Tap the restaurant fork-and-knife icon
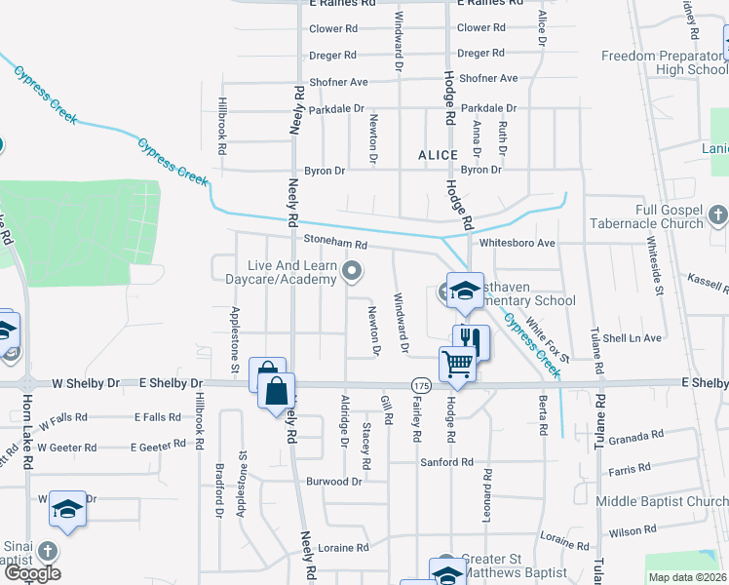tap(471, 340)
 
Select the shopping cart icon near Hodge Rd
tap(457, 364)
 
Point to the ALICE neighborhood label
tap(438, 155)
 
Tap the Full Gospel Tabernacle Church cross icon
tap(716, 214)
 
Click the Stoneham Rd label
tap(334, 246)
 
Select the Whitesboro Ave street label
tap(517, 243)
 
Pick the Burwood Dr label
tap(334, 482)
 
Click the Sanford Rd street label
tap(446, 462)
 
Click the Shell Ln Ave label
tap(633, 338)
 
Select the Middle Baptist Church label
tap(662, 502)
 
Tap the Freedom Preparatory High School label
tap(665, 62)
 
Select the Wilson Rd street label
tap(633, 531)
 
